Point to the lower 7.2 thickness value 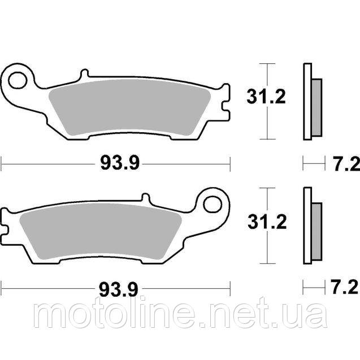tap(344, 289)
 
